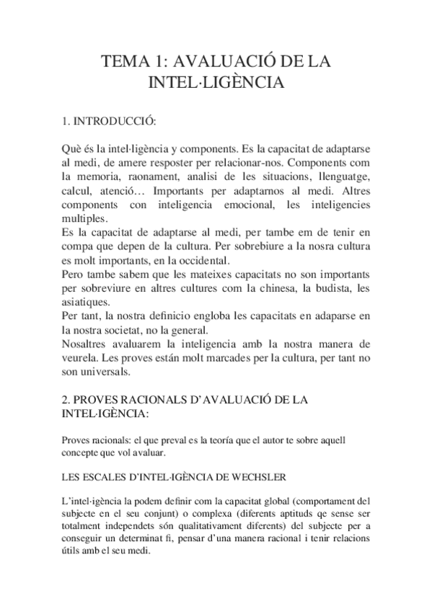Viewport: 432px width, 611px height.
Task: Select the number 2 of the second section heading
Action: click(x=66, y=401)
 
